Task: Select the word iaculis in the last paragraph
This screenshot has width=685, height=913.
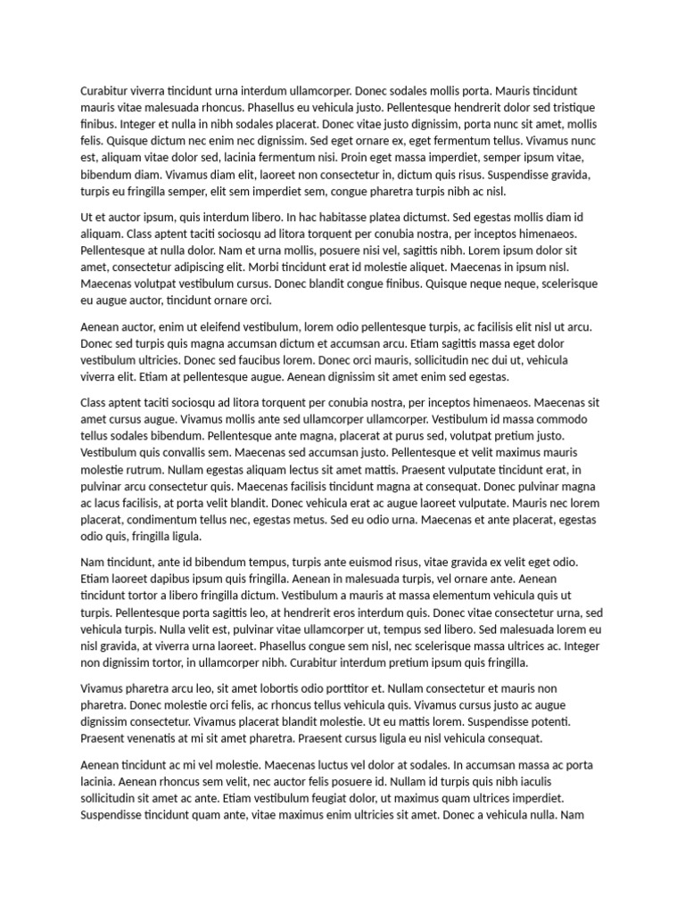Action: tap(566, 782)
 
